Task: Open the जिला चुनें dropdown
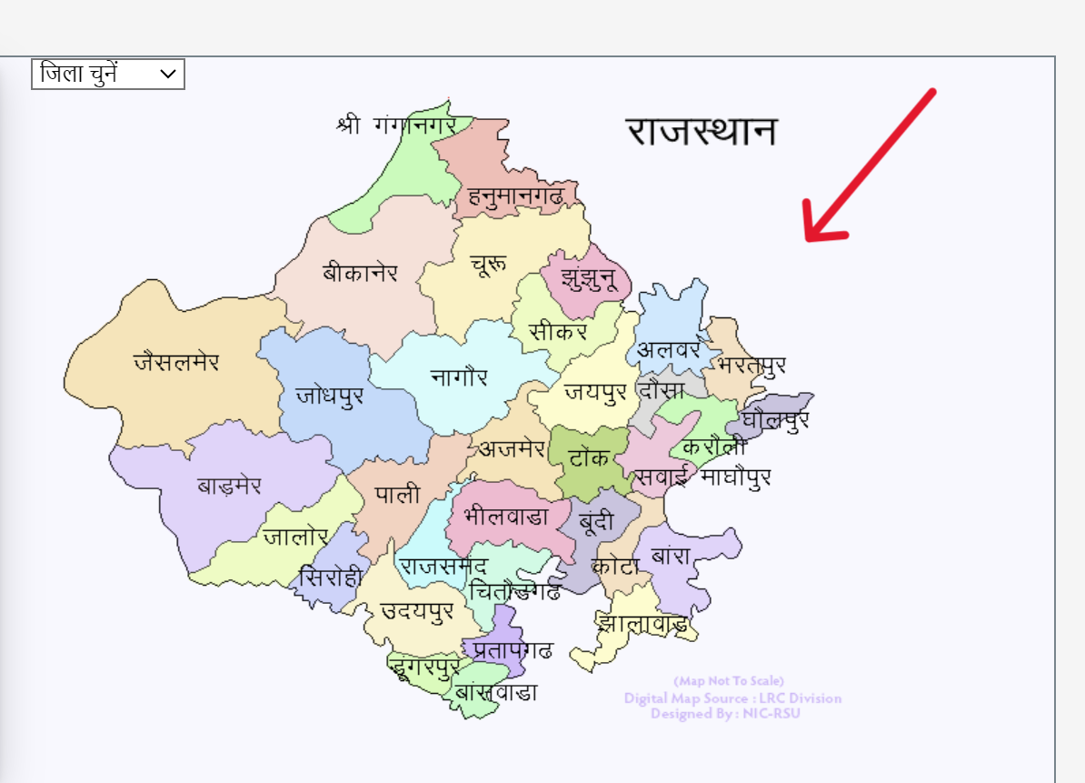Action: click(x=108, y=75)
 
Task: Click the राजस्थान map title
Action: click(x=702, y=131)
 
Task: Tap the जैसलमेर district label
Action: click(x=176, y=362)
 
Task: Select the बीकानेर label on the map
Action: click(x=360, y=272)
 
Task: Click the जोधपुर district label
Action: click(x=329, y=397)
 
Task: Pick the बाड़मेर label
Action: click(x=229, y=486)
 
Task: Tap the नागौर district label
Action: click(x=460, y=376)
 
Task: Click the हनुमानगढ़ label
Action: click(x=515, y=195)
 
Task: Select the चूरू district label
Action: click(x=489, y=265)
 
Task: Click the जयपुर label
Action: click(x=595, y=392)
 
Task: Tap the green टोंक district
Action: click(x=589, y=457)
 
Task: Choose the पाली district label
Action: click(x=398, y=495)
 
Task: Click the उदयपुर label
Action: click(x=417, y=610)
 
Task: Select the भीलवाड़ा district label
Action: click(x=505, y=517)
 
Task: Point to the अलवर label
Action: click(x=668, y=349)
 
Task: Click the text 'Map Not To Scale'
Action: click(x=729, y=680)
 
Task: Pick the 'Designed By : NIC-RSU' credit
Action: click(x=725, y=714)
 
